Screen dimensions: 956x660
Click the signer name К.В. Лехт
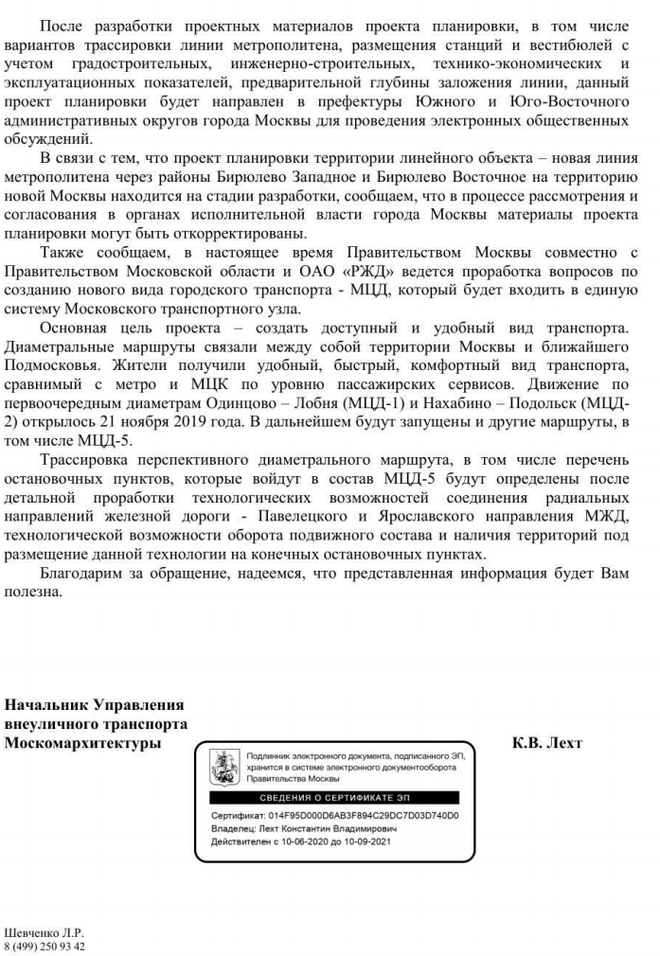coord(547,743)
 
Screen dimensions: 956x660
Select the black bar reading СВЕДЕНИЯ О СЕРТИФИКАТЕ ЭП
coord(333,798)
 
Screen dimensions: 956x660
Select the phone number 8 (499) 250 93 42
coord(46,945)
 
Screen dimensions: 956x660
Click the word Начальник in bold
coord(46,705)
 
